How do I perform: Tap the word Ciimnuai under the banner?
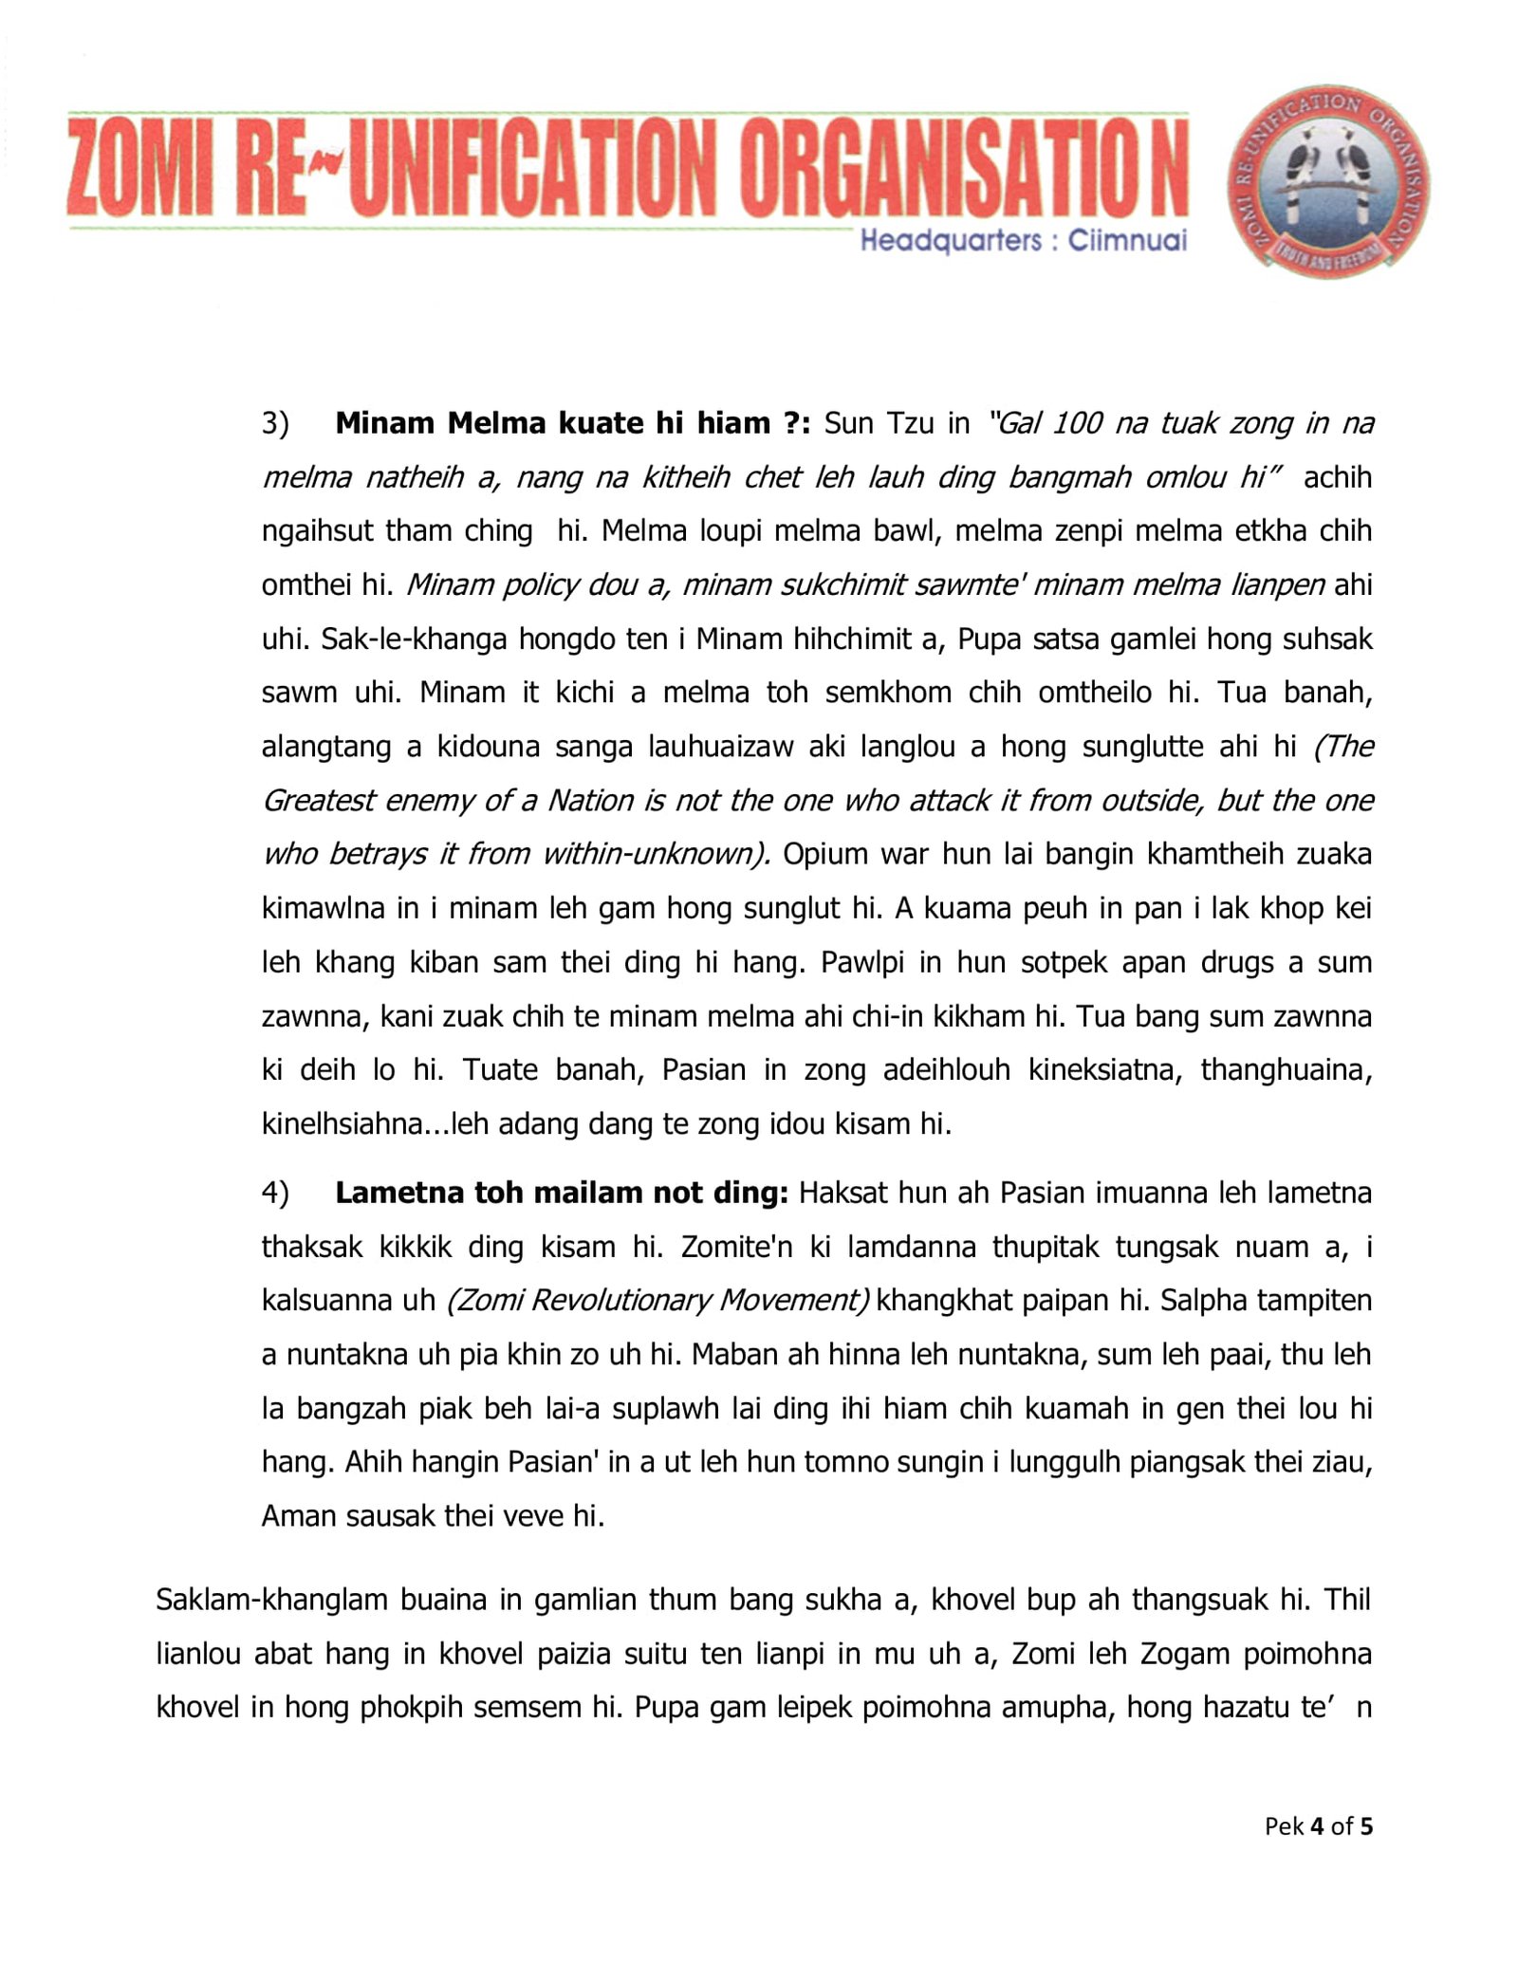tap(1127, 241)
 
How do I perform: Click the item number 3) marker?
tap(275, 423)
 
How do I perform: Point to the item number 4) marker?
tap(275, 1193)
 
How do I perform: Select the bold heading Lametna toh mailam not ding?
tap(562, 1193)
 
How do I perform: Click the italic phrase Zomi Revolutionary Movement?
tap(657, 1300)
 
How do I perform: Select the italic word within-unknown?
tap(656, 854)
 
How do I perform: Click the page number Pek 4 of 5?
tap(1318, 1826)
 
